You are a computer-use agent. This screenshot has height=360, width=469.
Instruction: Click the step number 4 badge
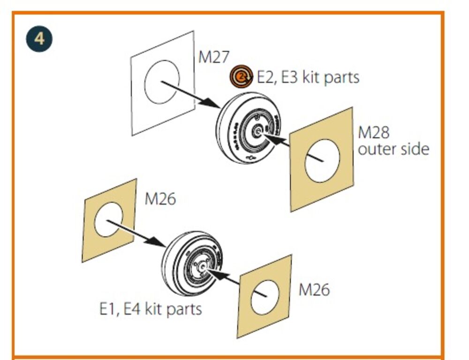(x=39, y=39)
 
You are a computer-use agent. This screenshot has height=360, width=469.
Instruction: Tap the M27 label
(x=214, y=57)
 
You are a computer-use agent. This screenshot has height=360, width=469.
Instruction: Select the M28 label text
(x=374, y=132)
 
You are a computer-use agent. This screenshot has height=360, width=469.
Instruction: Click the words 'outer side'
(x=393, y=149)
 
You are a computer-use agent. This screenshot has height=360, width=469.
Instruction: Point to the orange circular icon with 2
(x=241, y=77)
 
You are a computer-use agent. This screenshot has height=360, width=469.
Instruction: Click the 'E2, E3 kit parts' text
(x=308, y=77)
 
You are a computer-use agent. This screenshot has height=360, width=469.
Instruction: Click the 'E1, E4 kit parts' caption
(x=151, y=309)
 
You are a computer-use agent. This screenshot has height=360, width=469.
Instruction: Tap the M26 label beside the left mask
(x=160, y=199)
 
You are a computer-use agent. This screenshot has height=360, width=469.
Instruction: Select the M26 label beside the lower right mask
(x=314, y=290)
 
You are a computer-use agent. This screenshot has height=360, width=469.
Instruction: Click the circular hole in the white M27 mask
(x=162, y=82)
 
